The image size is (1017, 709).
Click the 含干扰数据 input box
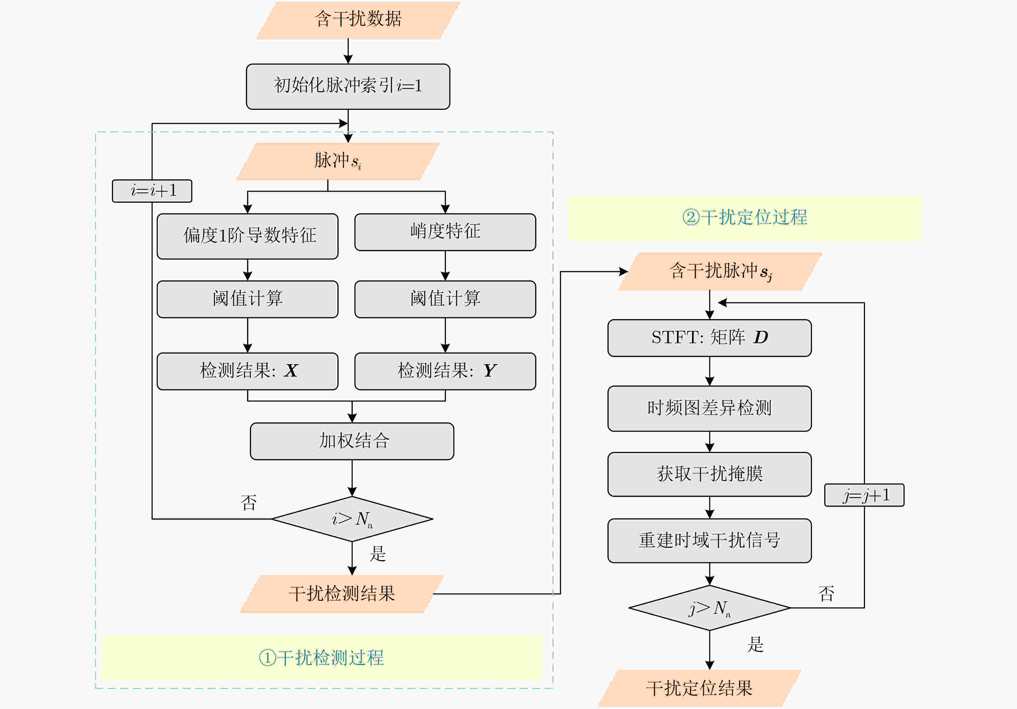click(358, 20)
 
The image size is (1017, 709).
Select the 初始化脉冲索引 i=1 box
click(348, 86)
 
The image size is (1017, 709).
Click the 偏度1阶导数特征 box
click(248, 236)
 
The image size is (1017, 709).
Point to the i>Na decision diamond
click(352, 519)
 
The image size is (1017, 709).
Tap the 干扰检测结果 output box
click(342, 594)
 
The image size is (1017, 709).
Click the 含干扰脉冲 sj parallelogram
click(720, 272)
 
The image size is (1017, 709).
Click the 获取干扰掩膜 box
click(709, 474)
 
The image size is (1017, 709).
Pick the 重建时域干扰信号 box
click(709, 540)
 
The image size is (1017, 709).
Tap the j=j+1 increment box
click(864, 495)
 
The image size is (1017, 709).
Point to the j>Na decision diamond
click(709, 608)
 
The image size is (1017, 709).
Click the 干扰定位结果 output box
click(700, 689)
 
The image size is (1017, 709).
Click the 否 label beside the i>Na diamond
click(249, 503)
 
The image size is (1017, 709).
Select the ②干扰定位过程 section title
click(745, 217)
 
